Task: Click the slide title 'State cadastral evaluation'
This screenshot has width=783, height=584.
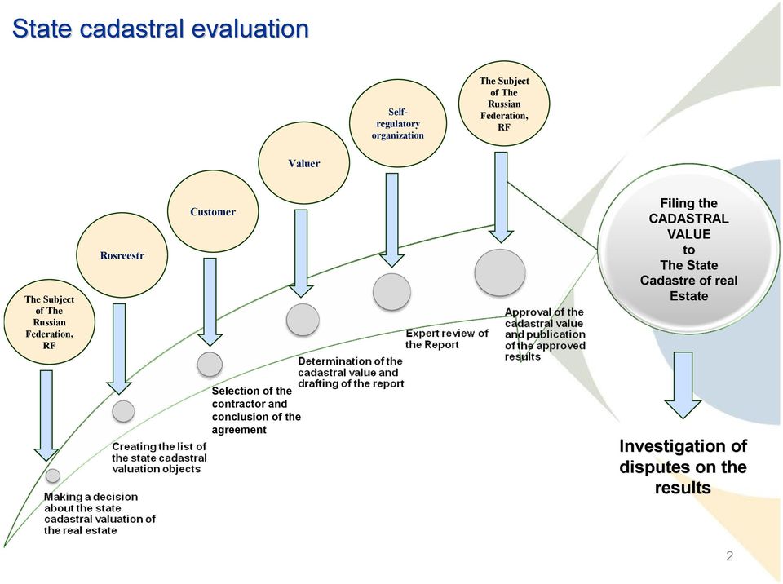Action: tap(160, 29)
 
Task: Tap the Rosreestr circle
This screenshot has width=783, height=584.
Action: tap(122, 256)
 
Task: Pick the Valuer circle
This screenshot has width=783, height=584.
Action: tap(303, 163)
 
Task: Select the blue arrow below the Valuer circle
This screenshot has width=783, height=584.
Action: tap(301, 252)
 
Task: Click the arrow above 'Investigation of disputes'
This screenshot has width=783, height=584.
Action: tap(683, 385)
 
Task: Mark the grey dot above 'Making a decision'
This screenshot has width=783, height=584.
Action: tap(52, 476)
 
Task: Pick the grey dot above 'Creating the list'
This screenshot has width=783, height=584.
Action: tap(123, 412)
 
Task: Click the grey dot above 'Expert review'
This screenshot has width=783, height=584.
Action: tap(392, 291)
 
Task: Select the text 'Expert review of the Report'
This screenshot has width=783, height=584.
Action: tap(446, 338)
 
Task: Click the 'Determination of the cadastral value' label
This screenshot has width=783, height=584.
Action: tap(351, 372)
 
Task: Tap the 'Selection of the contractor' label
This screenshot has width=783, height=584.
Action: tap(255, 410)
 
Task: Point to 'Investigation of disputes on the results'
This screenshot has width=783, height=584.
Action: tap(683, 467)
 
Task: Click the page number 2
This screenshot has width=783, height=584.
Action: tap(729, 556)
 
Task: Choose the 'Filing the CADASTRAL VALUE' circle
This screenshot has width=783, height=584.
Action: tap(688, 249)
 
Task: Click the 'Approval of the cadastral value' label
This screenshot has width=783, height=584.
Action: tap(545, 334)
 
